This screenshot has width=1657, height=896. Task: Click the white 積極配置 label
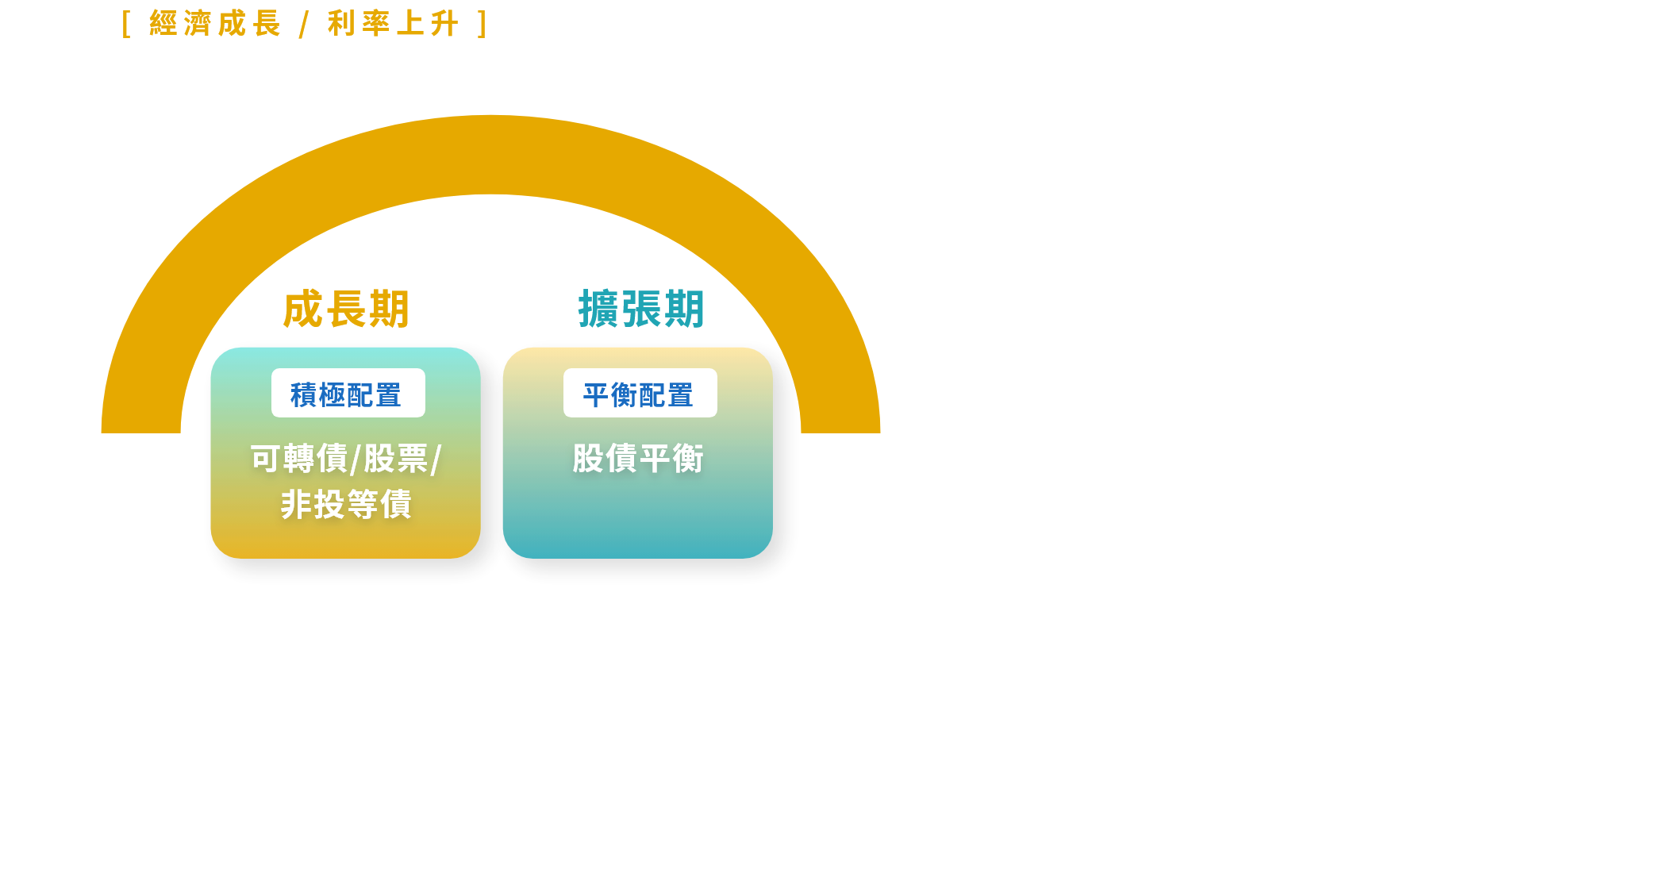[x=348, y=393]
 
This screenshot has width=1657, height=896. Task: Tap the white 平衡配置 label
[x=640, y=393]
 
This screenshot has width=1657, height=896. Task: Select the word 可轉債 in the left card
[x=299, y=459]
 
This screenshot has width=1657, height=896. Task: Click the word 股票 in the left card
[x=396, y=459]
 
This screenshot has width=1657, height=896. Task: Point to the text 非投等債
[x=346, y=505]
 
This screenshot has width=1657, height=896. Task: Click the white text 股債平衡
[x=638, y=459]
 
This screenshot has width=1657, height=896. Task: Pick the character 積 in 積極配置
[x=304, y=394]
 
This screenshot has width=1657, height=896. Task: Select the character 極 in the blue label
[x=333, y=394]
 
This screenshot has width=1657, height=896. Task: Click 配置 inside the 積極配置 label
[x=375, y=394]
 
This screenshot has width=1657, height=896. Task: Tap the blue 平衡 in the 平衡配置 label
[x=610, y=394]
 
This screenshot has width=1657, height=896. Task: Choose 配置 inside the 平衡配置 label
[x=667, y=394]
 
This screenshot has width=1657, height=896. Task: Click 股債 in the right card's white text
[x=605, y=459]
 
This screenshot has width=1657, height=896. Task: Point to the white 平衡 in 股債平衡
[x=671, y=459]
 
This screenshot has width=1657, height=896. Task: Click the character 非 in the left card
[x=296, y=505]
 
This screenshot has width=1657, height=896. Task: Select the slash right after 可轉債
[x=356, y=460]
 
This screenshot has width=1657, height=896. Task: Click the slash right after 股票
[x=435, y=460]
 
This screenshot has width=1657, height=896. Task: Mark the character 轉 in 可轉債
[x=299, y=459]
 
